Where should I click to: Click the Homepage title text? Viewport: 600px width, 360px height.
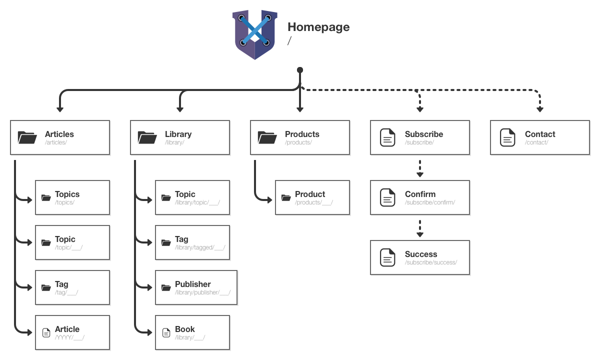(318, 27)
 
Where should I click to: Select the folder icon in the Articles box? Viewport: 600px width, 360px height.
(27, 137)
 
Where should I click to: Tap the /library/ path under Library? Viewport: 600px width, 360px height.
(174, 142)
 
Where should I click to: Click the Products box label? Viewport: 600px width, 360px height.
(302, 134)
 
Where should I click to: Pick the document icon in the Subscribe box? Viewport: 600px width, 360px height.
(387, 137)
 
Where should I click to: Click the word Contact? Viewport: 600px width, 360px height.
(540, 134)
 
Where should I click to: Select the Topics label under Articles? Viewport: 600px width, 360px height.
(67, 194)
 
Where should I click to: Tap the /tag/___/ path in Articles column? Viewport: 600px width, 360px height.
(66, 292)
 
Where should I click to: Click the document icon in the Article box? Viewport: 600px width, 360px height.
(46, 332)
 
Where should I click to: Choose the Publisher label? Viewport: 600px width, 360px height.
(193, 284)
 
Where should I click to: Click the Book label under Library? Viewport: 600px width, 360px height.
(185, 329)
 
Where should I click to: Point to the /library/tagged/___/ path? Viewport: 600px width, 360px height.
(200, 247)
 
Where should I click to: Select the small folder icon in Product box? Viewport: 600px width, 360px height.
(286, 197)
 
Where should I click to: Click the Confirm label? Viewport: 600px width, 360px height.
(420, 194)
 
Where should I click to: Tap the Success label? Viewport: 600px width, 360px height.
(421, 254)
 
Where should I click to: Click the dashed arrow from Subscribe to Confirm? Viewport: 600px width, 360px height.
(420, 168)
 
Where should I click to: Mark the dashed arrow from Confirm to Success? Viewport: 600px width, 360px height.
(420, 228)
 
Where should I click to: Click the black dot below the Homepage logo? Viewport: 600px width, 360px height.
(300, 70)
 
